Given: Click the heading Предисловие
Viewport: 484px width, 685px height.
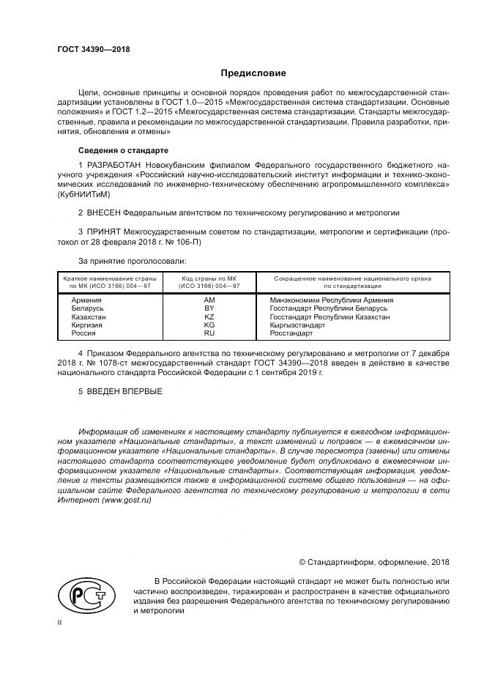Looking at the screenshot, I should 253,73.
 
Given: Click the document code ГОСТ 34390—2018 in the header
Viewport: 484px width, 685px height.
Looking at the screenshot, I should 93,49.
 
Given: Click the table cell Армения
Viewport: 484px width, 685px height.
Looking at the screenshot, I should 86,300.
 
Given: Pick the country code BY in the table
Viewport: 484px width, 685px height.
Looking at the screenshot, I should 209,308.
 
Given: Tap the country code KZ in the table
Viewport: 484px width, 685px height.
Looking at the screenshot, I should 209,316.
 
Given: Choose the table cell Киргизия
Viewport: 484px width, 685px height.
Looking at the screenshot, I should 87,325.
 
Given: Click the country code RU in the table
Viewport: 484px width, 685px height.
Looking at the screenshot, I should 209,333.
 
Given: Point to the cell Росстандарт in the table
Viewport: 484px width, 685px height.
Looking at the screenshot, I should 291,333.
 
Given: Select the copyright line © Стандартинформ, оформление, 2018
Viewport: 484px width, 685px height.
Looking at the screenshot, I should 374,563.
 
